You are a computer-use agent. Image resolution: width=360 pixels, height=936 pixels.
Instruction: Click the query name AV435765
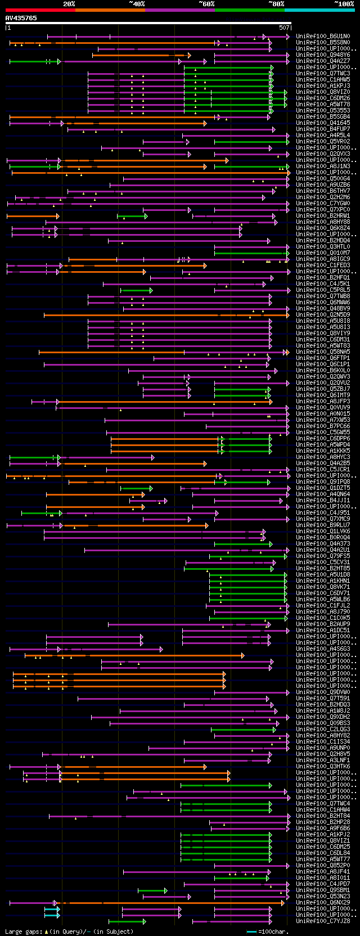[21, 18]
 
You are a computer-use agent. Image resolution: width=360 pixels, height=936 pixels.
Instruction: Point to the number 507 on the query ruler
[284, 27]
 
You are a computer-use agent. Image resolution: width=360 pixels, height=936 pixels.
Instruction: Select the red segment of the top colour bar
[40, 10]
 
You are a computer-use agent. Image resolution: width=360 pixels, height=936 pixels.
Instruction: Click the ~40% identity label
[137, 4]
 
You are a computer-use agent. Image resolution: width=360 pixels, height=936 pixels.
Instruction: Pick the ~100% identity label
[344, 4]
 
